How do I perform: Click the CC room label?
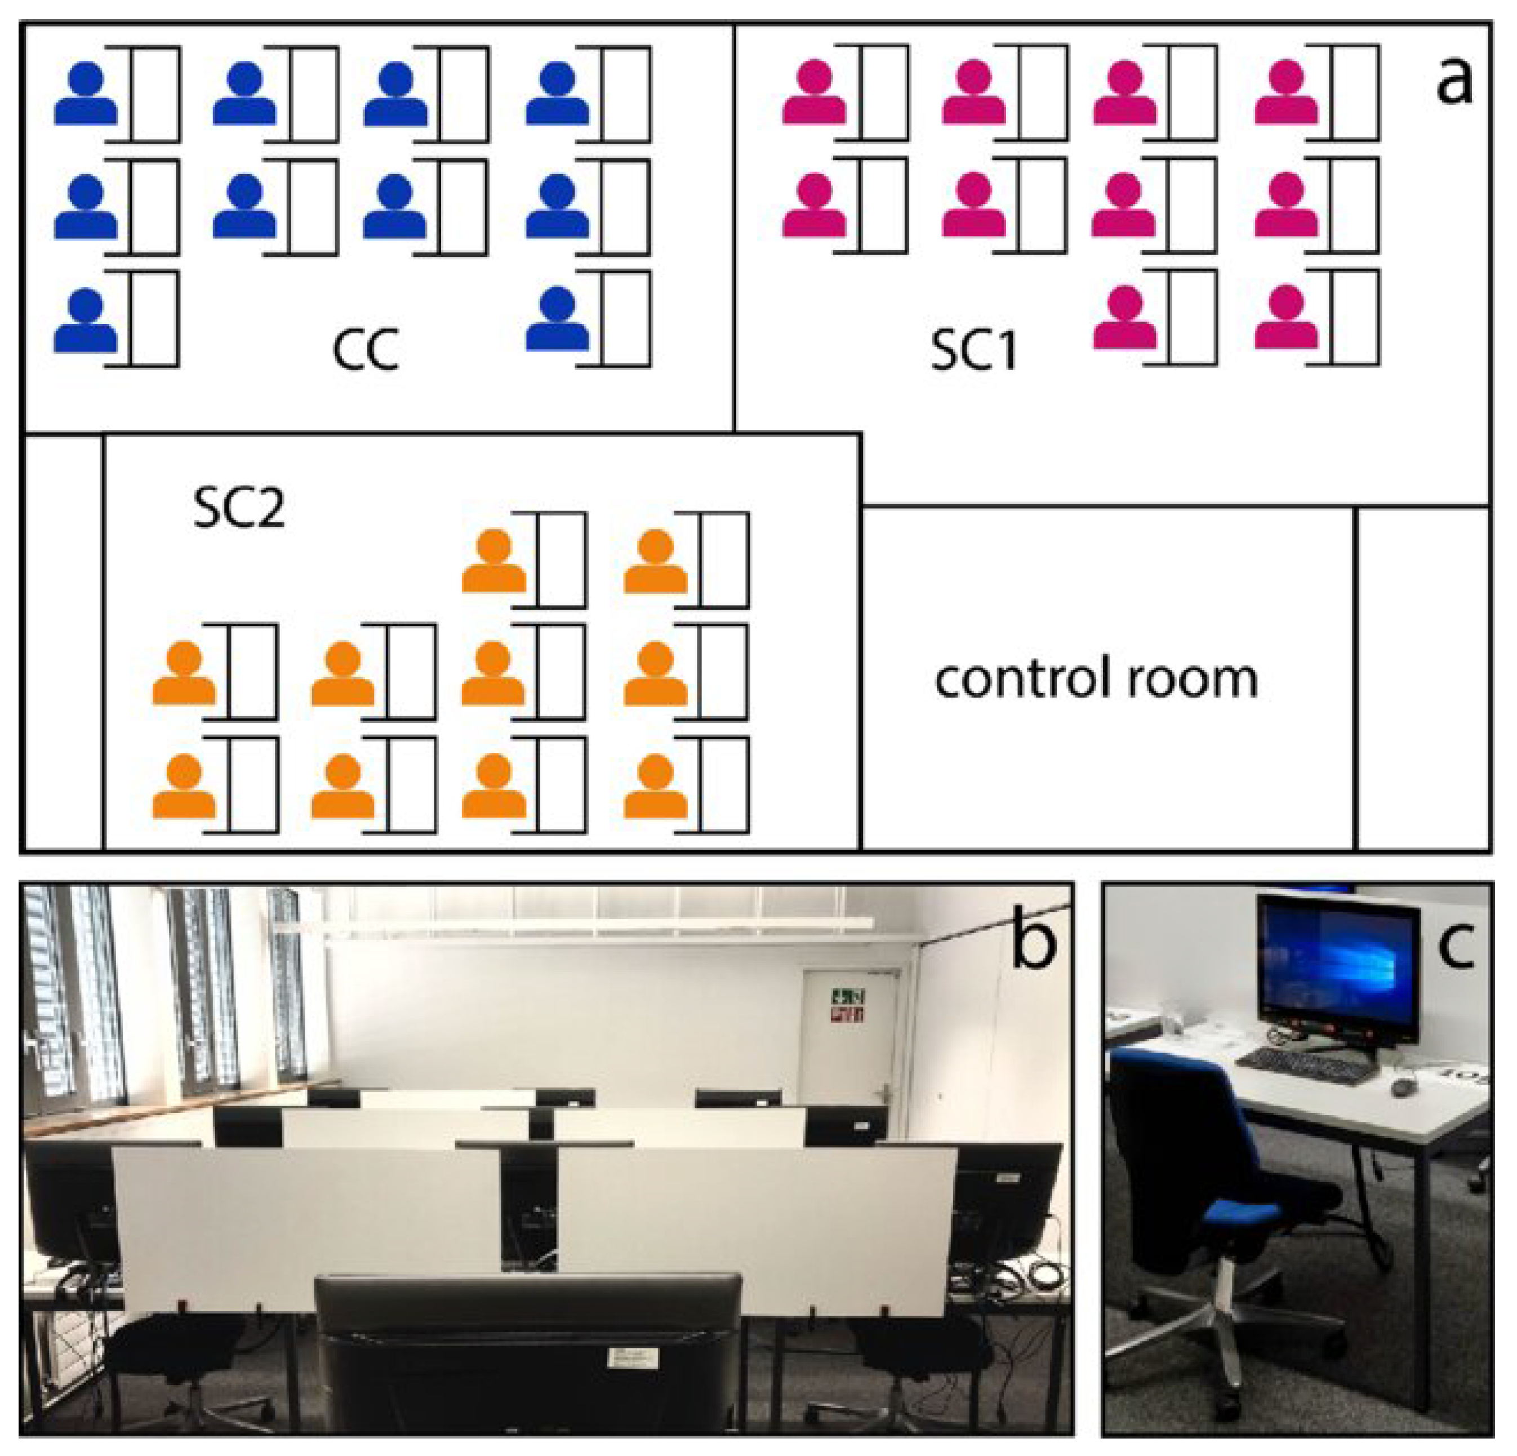[366, 350]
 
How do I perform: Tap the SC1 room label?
[973, 350]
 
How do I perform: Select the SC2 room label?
[239, 508]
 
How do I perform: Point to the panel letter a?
[1454, 81]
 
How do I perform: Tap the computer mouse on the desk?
[1403, 1087]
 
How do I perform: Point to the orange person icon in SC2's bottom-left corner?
[184, 785]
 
